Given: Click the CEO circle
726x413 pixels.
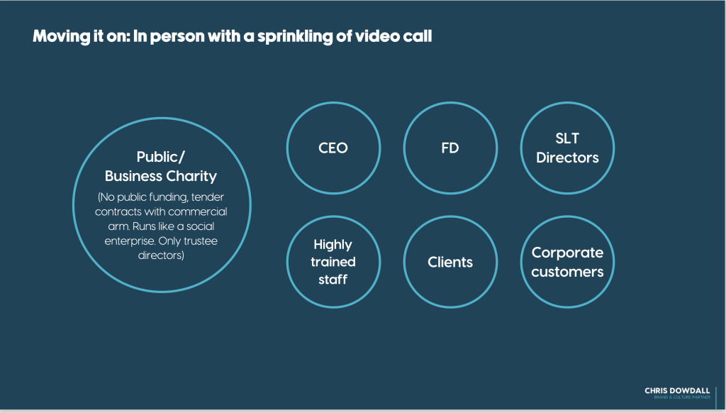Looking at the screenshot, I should coord(333,148).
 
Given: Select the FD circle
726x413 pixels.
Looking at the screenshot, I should coord(450,148).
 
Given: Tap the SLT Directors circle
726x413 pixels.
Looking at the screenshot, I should coord(567,148).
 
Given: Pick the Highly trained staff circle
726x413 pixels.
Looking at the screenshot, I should coord(333,262).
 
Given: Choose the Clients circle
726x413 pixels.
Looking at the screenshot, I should coord(450,262).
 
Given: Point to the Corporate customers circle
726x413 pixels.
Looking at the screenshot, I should coord(567,262).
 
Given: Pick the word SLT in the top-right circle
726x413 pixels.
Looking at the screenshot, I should coord(567,140).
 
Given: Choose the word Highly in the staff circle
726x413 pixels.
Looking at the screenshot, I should coord(333,245).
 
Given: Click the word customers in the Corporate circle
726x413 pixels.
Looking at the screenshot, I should coord(567,271).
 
